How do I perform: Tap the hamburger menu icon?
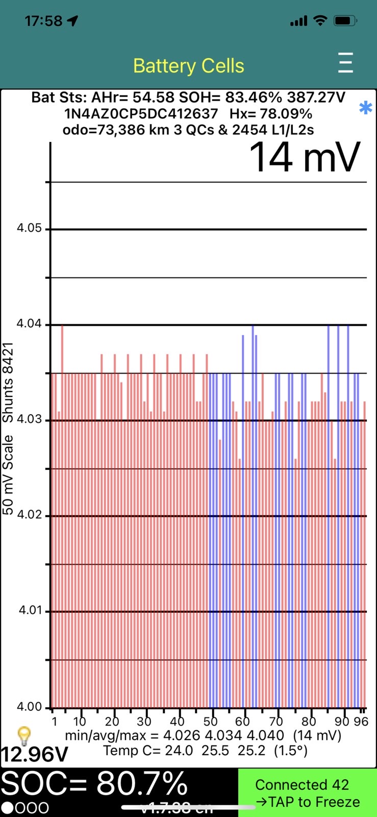(345, 63)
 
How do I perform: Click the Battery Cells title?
(188, 66)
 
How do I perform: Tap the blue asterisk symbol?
(365, 108)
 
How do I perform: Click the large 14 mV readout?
(305, 157)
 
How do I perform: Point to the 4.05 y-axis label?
(29, 228)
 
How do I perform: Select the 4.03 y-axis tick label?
(29, 420)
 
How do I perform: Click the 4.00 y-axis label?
(29, 707)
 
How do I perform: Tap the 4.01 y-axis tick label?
(29, 611)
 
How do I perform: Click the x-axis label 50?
(210, 722)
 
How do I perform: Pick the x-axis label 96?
(361, 722)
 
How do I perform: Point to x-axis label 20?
(112, 722)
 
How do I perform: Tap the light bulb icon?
(24, 736)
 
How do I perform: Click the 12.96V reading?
(34, 754)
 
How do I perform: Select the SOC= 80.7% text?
(94, 784)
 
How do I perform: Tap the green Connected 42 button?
(307, 793)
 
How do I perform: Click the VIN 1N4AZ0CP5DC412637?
(141, 113)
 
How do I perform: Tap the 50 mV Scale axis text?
(8, 475)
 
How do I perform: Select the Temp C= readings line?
(205, 751)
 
